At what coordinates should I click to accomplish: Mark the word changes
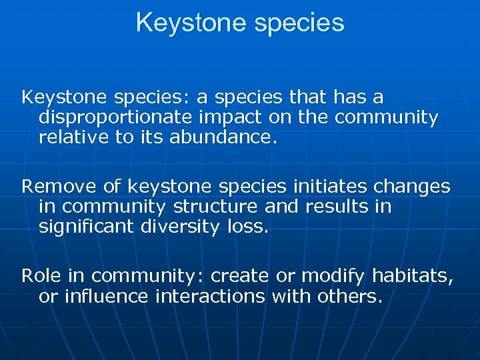coord(412,187)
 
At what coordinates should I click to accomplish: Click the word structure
coord(204,207)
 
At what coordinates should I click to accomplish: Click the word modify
coord(334,276)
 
